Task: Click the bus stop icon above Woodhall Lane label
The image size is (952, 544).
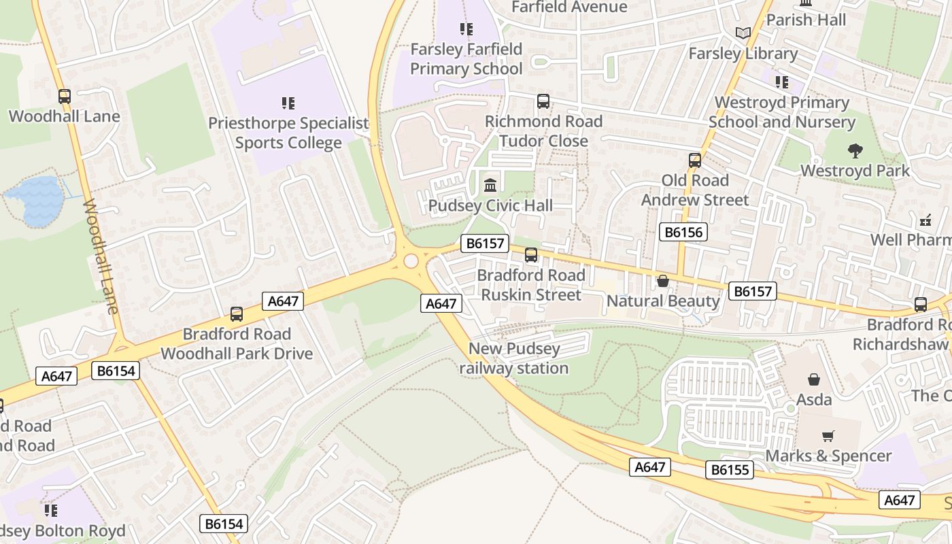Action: [65, 97]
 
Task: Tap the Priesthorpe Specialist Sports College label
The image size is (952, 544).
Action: [288, 133]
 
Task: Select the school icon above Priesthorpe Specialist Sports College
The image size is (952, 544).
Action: [288, 103]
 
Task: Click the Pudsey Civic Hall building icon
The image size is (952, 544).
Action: [490, 184]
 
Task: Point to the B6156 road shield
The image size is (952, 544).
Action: [683, 232]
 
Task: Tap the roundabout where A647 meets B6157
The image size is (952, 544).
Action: [411, 261]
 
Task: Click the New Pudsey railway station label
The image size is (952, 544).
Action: [514, 358]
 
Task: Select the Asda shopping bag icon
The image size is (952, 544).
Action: [814, 379]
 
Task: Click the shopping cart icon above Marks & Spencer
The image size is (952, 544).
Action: [828, 436]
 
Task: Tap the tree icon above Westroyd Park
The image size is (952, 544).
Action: [855, 150]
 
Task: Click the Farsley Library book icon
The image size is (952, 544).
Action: [743, 33]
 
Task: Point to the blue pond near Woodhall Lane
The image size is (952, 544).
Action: [37, 200]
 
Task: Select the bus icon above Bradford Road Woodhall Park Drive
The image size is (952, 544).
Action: [237, 314]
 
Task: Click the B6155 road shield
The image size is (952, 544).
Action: [729, 470]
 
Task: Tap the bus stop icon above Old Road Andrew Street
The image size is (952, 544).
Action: [695, 160]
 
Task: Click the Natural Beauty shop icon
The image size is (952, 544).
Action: [662, 280]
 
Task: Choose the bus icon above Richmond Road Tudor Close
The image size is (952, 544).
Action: [543, 101]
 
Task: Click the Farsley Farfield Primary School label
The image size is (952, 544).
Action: [466, 58]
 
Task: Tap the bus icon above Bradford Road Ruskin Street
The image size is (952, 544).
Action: [531, 255]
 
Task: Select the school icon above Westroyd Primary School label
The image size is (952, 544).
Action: [782, 82]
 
